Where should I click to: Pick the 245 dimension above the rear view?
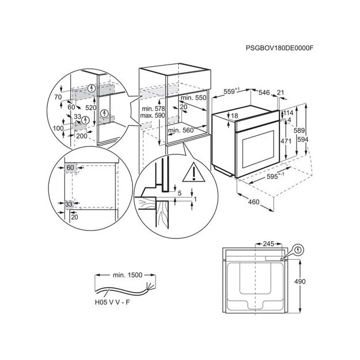click(x=268, y=244)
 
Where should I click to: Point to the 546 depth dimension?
click(x=264, y=92)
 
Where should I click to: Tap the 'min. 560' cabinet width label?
click(x=180, y=131)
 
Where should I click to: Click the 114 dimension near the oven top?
click(x=288, y=113)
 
